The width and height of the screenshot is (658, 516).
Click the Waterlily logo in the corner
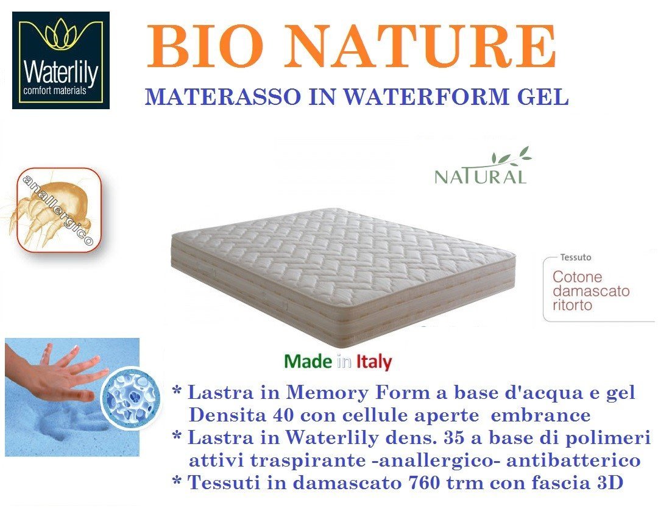[61, 60]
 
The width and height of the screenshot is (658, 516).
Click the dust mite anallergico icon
[56, 210]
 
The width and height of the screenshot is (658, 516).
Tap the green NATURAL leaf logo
[483, 166]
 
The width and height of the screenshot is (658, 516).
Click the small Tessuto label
[576, 257]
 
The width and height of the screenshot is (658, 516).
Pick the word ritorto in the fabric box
[572, 305]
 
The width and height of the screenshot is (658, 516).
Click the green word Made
[308, 361]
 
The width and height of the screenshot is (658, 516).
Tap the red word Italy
[374, 362]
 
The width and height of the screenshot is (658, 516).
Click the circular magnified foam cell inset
[132, 398]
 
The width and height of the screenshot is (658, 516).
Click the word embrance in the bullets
[540, 415]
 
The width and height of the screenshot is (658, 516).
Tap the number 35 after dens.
[453, 438]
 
